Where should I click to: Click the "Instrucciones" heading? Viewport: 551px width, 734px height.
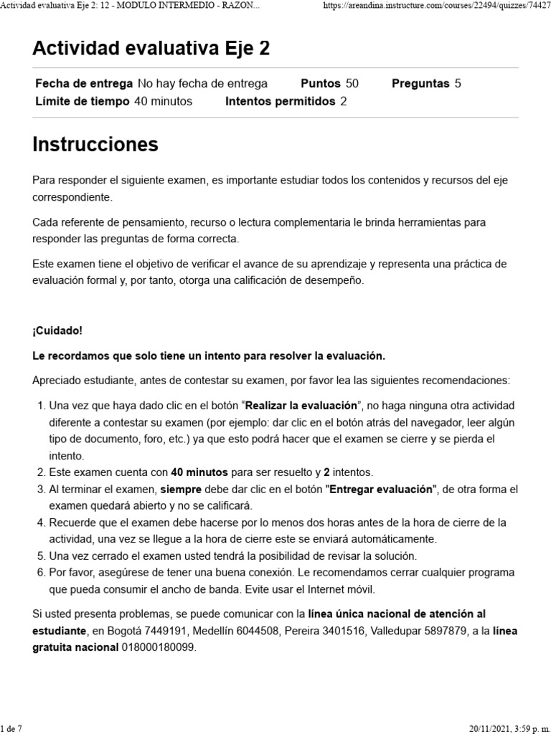click(x=95, y=145)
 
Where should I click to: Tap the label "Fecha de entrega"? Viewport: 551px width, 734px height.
click(x=84, y=83)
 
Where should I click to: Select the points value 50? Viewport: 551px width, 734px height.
click(x=352, y=83)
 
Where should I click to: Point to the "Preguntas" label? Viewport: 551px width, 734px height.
click(x=420, y=83)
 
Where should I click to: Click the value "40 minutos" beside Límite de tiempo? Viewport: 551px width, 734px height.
click(x=163, y=101)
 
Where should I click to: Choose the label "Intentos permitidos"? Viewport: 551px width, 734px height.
click(x=280, y=101)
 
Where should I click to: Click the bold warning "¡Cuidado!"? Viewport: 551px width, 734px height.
click(x=57, y=330)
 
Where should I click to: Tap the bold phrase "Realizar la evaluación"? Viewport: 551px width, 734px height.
click(x=301, y=405)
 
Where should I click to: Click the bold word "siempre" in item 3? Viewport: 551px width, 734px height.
click(x=181, y=489)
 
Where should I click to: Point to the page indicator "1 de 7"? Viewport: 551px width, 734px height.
click(x=11, y=728)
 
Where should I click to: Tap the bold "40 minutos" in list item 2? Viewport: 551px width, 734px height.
click(x=199, y=472)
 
